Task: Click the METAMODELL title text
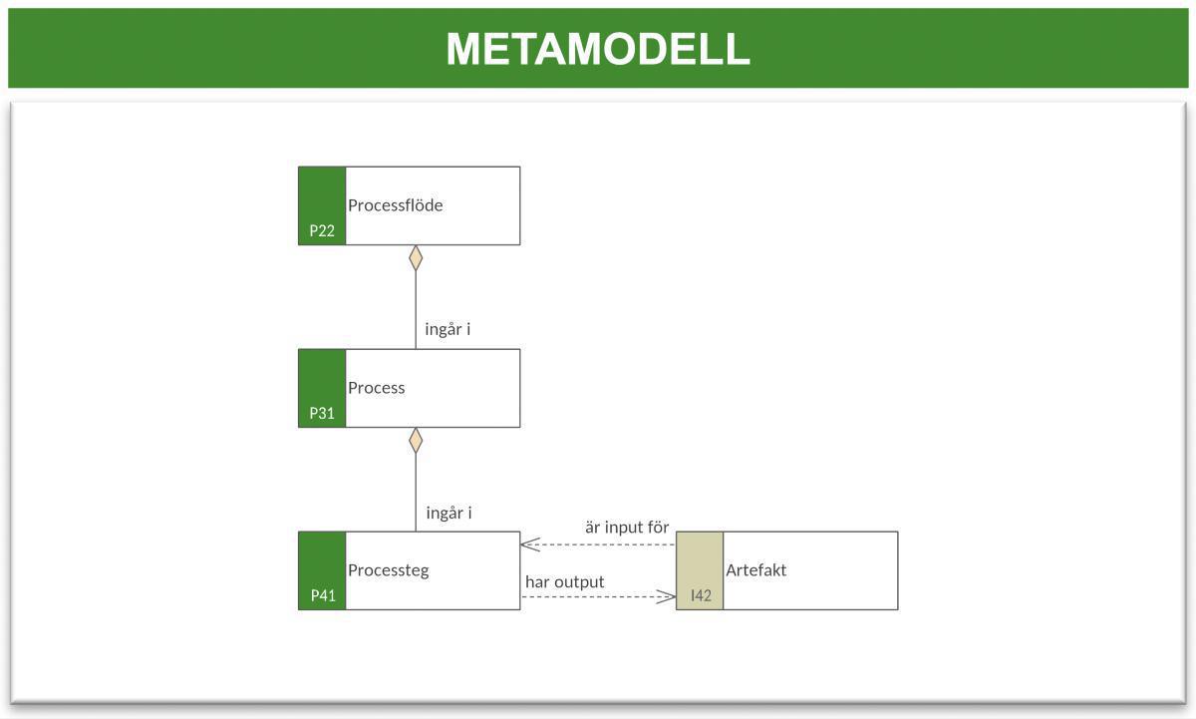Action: [x=597, y=49]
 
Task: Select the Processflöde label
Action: [x=395, y=205]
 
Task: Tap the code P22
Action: [x=322, y=230]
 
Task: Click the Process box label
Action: [x=376, y=388]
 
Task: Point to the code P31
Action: [x=322, y=413]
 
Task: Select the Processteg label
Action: [x=388, y=570]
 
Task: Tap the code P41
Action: [x=322, y=595]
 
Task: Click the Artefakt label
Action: [x=755, y=570]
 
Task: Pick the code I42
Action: [x=701, y=595]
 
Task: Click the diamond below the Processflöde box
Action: [x=416, y=258]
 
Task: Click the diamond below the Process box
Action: [x=416, y=441]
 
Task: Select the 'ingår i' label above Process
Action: [x=448, y=329]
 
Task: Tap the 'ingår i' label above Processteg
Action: [x=448, y=513]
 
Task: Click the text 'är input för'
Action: [x=626, y=528]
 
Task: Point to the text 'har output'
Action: [x=564, y=581]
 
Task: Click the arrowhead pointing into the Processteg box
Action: [x=529, y=544]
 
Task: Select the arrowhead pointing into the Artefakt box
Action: [x=667, y=596]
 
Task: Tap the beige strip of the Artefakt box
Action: [x=700, y=558]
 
